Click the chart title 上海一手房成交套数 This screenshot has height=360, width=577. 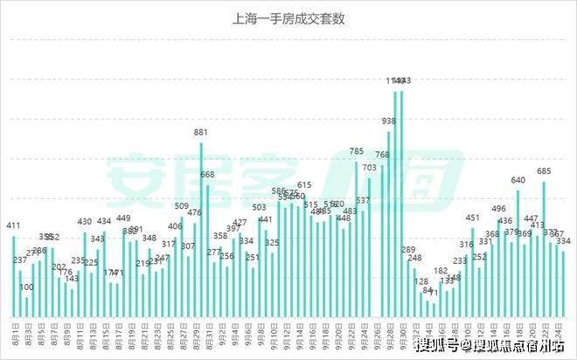(x=288, y=17)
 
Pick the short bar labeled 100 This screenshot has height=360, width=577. (x=26, y=307)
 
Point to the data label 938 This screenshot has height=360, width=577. (x=389, y=121)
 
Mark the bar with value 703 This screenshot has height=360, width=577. (x=369, y=246)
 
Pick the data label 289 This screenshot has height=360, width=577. (x=408, y=250)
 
